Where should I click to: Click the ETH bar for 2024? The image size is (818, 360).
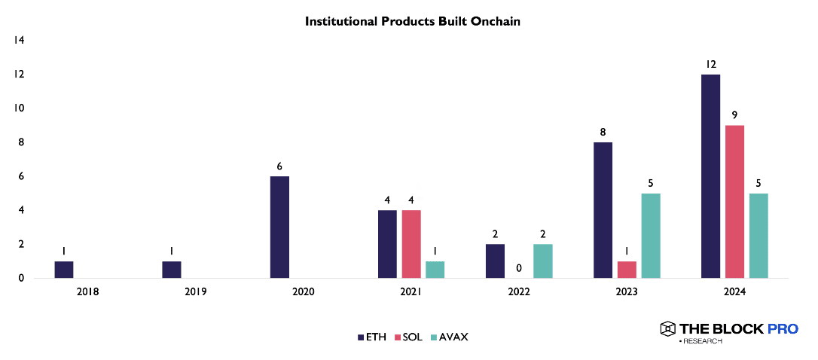710,176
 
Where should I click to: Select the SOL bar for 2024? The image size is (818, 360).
734,202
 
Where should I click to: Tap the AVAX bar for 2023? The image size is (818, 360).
651,236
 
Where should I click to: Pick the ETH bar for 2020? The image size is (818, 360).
279,227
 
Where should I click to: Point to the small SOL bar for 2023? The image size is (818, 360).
627,270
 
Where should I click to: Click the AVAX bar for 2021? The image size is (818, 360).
435,270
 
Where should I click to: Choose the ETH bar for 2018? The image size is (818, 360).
64,270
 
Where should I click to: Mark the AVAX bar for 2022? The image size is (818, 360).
543,261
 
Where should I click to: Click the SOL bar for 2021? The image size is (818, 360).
411,244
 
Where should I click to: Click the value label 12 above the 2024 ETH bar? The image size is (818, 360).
710,64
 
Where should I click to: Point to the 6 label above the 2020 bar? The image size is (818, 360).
279,166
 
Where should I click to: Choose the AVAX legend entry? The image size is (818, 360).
449,337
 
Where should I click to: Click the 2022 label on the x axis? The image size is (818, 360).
519,291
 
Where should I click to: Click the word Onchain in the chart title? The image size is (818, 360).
496,21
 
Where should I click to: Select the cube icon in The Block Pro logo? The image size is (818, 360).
667,328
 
